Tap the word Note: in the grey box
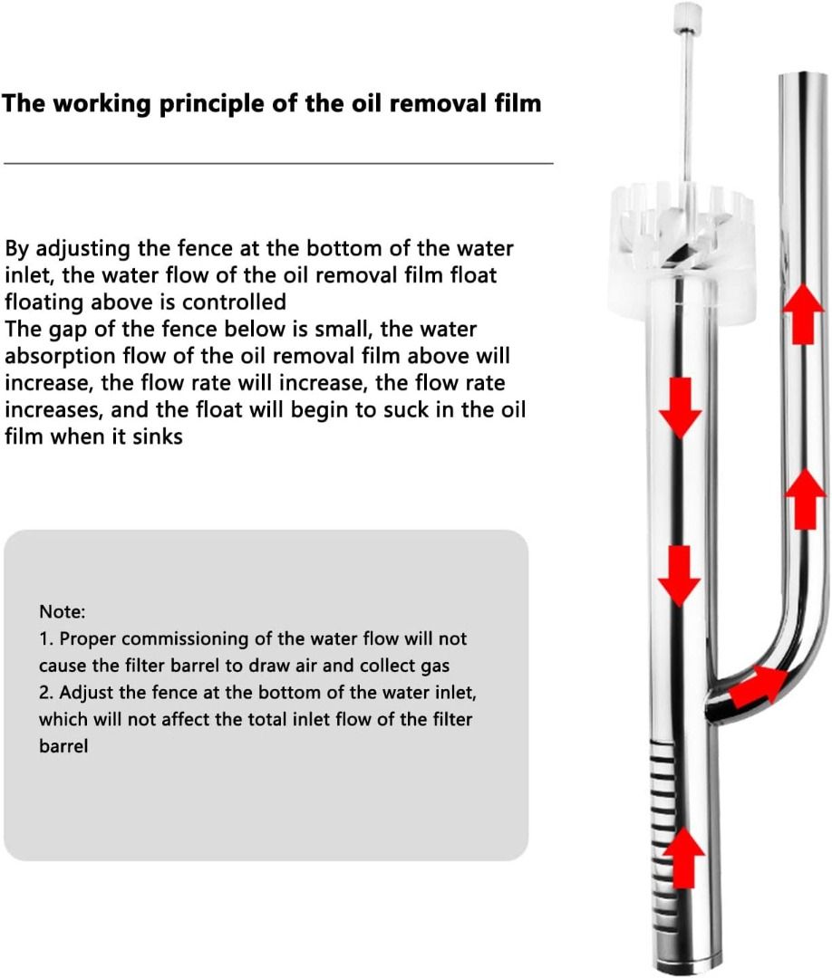pyautogui.click(x=63, y=611)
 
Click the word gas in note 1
pyautogui.click(x=435, y=666)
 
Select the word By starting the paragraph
pyautogui.click(x=17, y=249)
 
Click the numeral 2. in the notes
pyautogui.click(x=46, y=693)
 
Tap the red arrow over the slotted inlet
pyautogui.click(x=684, y=857)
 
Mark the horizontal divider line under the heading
pyautogui.click(x=278, y=163)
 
